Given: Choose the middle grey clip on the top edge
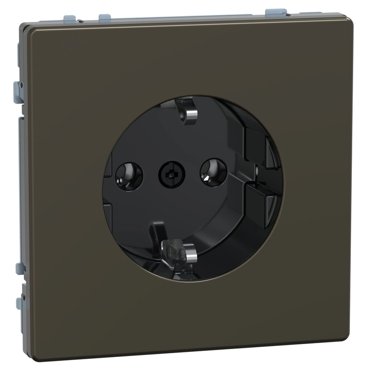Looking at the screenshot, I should click(105, 17).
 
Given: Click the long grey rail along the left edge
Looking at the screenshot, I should click(20, 183).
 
